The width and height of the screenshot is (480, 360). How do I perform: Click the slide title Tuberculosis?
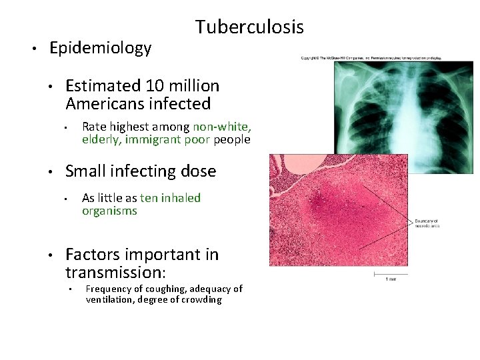[249, 27]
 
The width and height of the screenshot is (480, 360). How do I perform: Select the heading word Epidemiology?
[100, 48]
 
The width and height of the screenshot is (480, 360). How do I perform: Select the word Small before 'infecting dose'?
[85, 171]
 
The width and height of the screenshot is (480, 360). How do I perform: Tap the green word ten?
[149, 198]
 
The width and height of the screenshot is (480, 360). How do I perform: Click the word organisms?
[109, 211]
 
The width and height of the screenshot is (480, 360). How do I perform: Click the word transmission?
[113, 272]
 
